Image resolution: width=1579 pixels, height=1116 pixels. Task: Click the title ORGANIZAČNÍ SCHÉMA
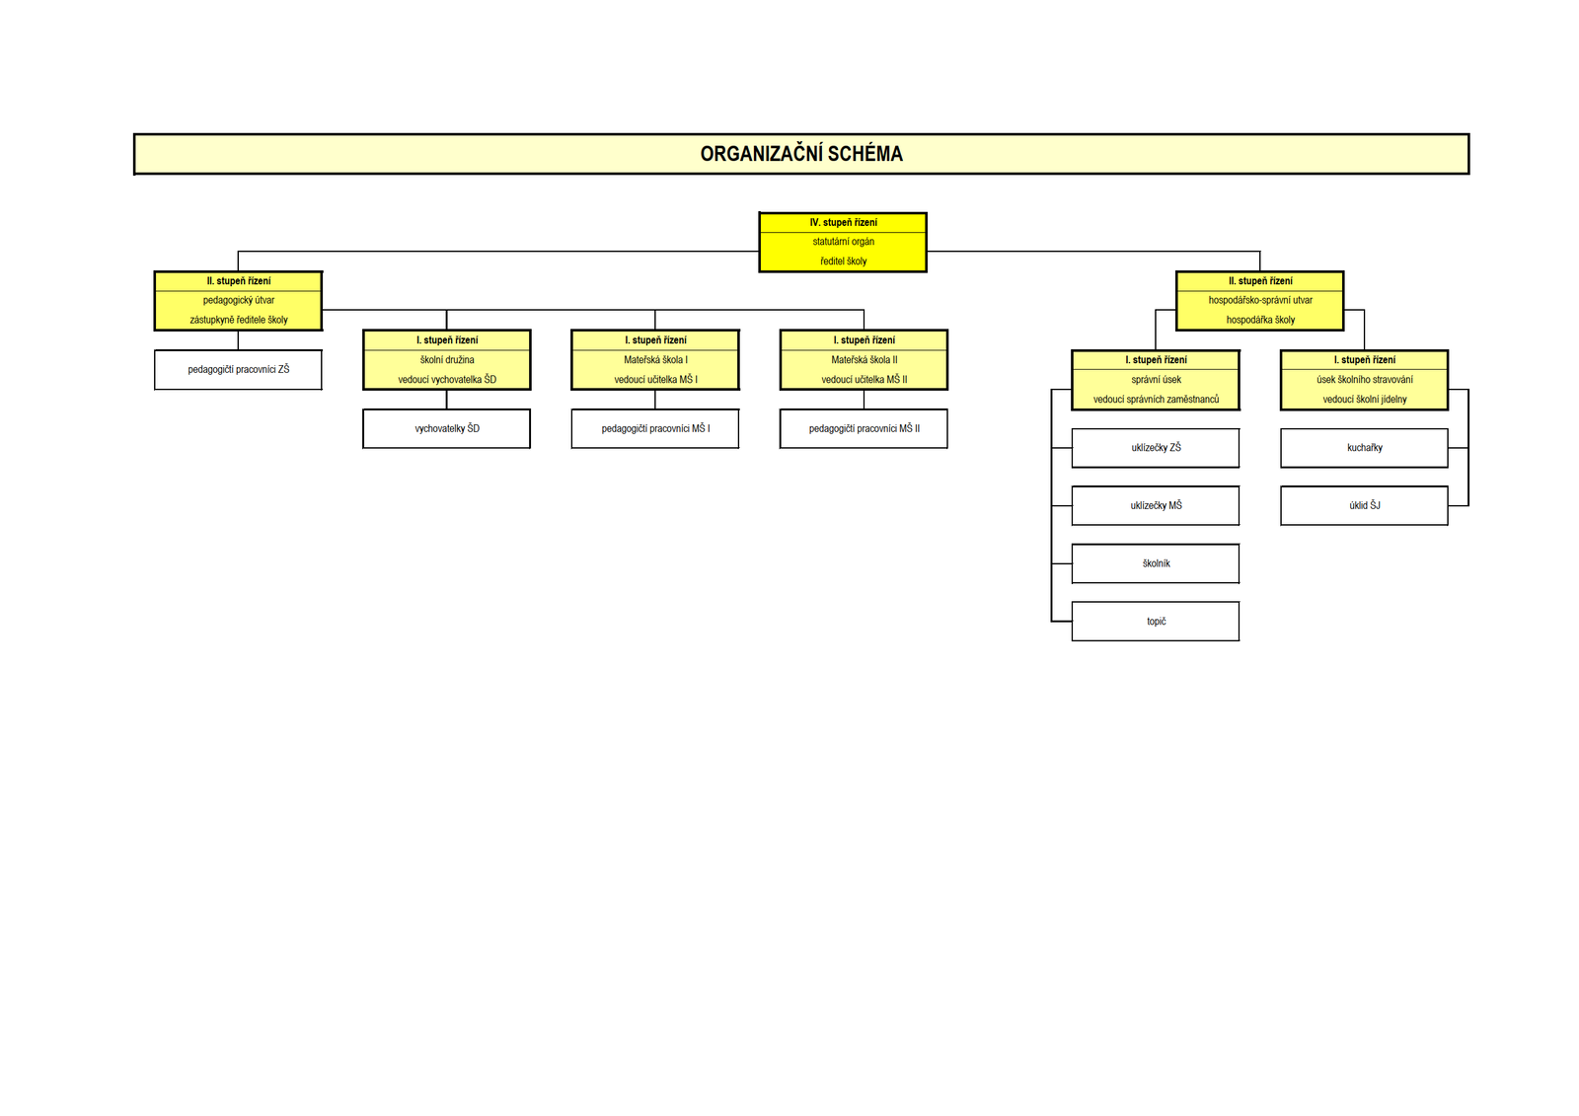(x=801, y=154)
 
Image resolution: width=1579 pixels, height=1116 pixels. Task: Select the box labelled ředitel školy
(x=843, y=261)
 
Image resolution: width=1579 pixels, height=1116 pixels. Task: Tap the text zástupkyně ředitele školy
(x=239, y=320)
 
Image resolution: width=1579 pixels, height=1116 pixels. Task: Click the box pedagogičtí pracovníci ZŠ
(x=239, y=370)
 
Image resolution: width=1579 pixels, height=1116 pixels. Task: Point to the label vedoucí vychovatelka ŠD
(x=447, y=380)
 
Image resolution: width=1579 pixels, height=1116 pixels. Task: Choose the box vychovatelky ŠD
(x=447, y=429)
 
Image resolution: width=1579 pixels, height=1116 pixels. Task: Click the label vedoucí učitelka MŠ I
(x=655, y=380)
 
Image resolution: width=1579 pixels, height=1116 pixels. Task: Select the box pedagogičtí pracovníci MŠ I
(x=655, y=429)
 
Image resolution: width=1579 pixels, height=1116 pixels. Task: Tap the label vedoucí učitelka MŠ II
(x=864, y=380)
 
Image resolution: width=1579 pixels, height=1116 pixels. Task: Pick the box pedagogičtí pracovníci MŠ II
(x=864, y=429)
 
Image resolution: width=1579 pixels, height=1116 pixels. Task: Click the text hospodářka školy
(x=1260, y=320)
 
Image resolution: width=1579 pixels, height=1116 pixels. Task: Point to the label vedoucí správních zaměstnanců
(x=1156, y=400)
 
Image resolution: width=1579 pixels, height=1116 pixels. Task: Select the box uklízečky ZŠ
(x=1156, y=448)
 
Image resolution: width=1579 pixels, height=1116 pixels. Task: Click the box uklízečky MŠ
(x=1156, y=506)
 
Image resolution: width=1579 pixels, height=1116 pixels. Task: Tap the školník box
(x=1156, y=564)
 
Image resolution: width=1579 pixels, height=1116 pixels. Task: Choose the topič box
(x=1156, y=622)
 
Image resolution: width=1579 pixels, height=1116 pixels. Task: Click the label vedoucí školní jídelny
(x=1365, y=400)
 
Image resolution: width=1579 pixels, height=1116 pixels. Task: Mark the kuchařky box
(x=1365, y=448)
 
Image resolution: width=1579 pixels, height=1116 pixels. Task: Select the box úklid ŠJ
(x=1365, y=506)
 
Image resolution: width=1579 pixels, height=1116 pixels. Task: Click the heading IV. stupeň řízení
(x=843, y=223)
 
